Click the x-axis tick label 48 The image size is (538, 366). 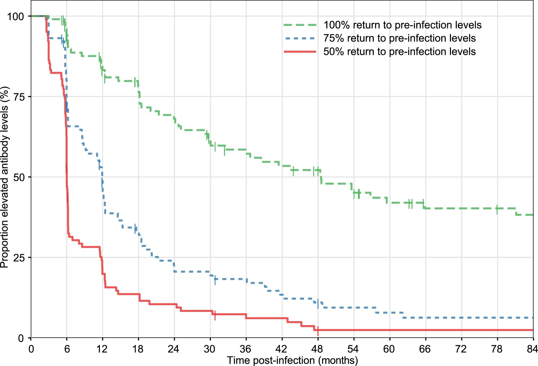317,349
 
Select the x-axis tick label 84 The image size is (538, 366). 532,349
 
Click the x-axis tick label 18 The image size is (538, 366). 138,349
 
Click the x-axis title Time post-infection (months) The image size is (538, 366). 292,360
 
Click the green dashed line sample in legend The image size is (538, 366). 300,25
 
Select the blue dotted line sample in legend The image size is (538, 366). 300,39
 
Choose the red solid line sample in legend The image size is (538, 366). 300,52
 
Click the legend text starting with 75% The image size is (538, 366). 399,39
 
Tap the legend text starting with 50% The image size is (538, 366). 399,52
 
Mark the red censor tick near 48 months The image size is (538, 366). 318,331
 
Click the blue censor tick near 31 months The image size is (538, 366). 215,280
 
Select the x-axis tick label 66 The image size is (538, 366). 425,349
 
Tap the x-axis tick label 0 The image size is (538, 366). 31,349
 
